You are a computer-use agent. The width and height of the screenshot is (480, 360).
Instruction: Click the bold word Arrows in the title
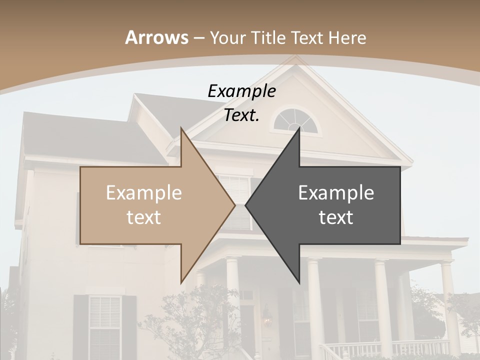click(x=157, y=37)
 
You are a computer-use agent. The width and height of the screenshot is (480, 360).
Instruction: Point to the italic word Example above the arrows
click(x=241, y=91)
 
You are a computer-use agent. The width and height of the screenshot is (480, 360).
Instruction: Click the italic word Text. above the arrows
click(x=241, y=115)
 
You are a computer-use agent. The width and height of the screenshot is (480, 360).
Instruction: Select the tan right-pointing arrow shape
click(x=150, y=205)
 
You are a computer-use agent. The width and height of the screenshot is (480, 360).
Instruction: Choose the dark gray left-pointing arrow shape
click(x=330, y=205)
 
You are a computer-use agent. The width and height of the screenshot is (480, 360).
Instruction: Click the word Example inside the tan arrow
click(x=144, y=193)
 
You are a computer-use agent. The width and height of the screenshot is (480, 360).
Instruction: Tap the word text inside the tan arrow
click(x=144, y=217)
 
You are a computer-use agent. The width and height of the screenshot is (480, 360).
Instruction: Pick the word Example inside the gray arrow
click(x=336, y=193)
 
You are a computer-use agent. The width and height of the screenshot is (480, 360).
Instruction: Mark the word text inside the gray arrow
click(x=336, y=217)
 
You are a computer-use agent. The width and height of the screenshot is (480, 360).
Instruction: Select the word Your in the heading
click(x=227, y=37)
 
